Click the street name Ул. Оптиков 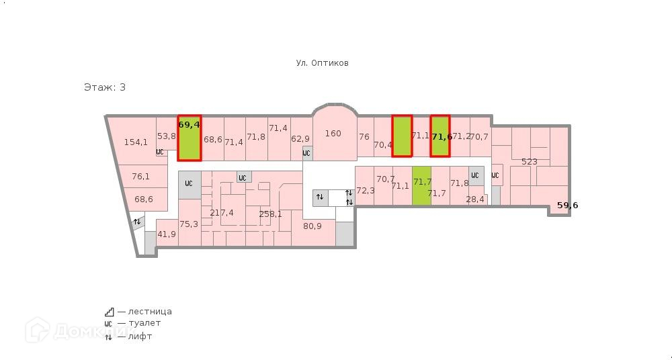(x=322, y=63)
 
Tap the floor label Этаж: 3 (x=105, y=87)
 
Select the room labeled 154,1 (x=136, y=142)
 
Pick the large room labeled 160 (x=333, y=134)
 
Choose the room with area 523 (x=530, y=162)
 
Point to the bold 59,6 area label (x=567, y=206)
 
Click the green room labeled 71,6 (x=440, y=137)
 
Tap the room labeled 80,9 (x=312, y=226)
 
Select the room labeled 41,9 (x=167, y=234)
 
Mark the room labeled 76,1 (x=140, y=177)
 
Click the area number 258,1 (x=270, y=214)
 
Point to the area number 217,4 (x=222, y=213)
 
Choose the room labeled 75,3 (x=189, y=224)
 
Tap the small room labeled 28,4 (x=475, y=199)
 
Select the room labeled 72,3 (x=365, y=191)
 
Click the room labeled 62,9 (x=300, y=139)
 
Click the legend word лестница (x=149, y=312)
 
